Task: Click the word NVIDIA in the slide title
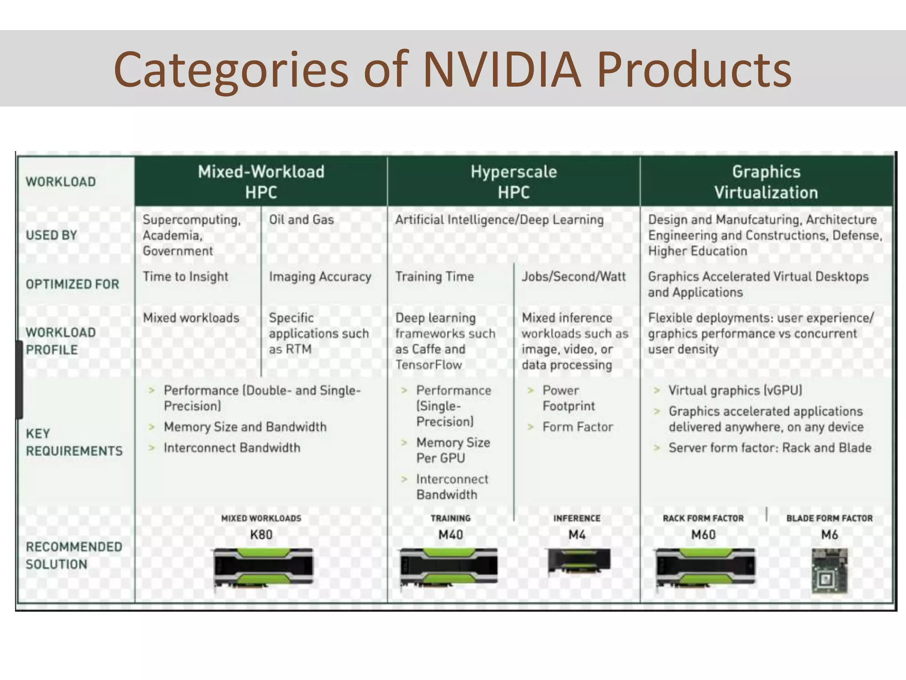[x=501, y=70]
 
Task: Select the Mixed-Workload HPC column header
[x=261, y=182]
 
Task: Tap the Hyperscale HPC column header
[x=514, y=182]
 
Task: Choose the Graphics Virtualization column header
[x=766, y=182]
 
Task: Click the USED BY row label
[x=51, y=235]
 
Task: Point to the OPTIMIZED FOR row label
[x=73, y=284]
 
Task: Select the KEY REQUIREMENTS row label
[x=74, y=442]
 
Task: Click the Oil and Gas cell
[x=301, y=220]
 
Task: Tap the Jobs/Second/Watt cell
[x=574, y=277]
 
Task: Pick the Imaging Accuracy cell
[x=320, y=277]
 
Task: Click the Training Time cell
[x=434, y=277]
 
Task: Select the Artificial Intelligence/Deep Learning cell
[x=499, y=220]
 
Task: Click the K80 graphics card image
[x=263, y=568]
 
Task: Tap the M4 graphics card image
[x=579, y=561]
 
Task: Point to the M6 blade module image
[x=829, y=571]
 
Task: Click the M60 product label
[x=703, y=535]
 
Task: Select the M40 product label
[x=450, y=535]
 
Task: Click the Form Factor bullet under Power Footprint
[x=577, y=427]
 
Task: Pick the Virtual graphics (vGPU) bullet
[x=735, y=390]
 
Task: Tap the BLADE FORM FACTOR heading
[x=829, y=518]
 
